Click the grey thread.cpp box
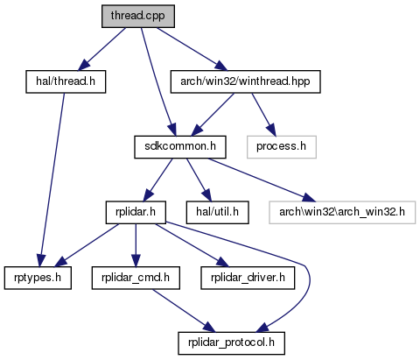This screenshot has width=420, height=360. click(138, 17)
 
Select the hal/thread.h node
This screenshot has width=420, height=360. click(66, 81)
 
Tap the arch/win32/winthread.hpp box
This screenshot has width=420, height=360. click(245, 81)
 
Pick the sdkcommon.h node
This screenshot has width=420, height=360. click(180, 147)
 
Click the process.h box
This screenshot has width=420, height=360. click(282, 147)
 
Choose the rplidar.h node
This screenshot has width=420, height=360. click(136, 213)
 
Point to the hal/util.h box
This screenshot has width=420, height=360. click(217, 213)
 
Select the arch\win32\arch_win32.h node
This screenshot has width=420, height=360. click(342, 213)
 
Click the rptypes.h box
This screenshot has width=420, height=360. click(38, 278)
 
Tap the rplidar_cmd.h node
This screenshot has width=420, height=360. click(136, 278)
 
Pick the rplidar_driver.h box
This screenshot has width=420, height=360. click(248, 278)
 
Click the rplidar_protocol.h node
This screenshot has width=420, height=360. click(231, 343)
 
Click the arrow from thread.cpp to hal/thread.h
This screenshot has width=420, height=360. click(102, 49)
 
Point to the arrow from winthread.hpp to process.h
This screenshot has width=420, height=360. click(263, 115)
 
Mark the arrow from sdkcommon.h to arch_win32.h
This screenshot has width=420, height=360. click(262, 180)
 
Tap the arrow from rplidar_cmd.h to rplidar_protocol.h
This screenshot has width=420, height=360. click(184, 311)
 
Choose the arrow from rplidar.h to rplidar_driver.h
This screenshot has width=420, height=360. click(192, 245)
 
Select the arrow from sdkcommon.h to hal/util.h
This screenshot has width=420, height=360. click(199, 180)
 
